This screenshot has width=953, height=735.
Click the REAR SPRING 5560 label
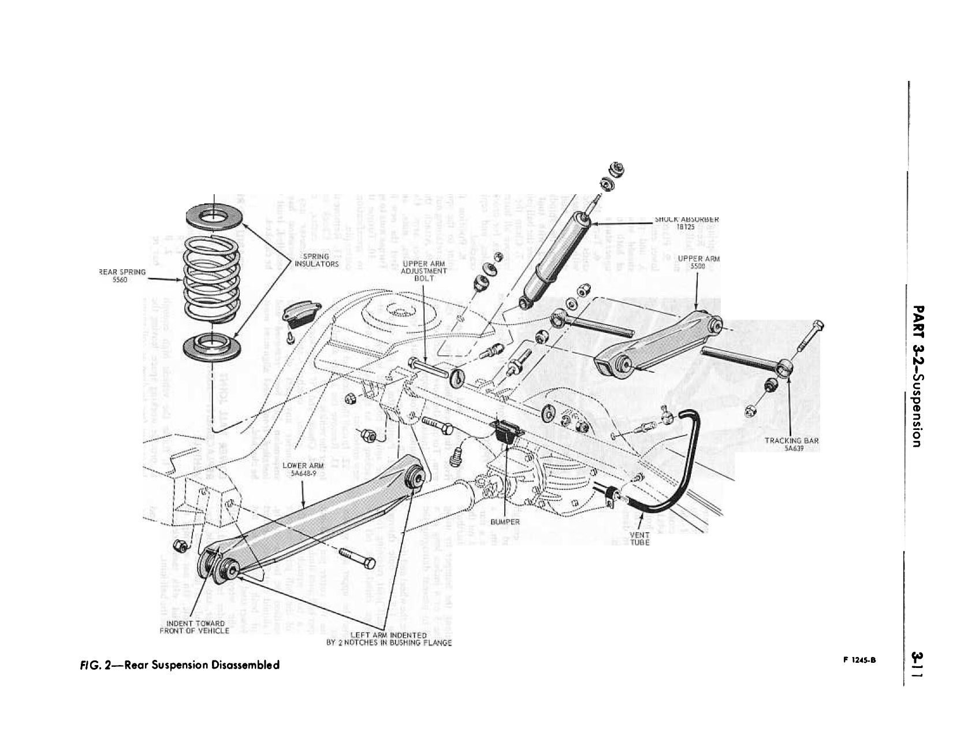pos(122,275)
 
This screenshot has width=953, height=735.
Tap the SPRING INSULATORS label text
pos(316,260)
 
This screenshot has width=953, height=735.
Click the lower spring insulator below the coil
pos(211,347)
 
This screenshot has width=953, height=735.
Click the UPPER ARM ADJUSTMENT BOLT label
pos(424,271)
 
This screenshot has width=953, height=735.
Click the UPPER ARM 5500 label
pos(698,263)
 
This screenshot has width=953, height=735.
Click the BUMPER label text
pos(505,522)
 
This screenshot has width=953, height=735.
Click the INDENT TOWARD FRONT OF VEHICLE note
pos(194,627)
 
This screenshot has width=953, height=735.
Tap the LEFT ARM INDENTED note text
pos(388,639)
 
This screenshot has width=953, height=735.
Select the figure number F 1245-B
pos(859,662)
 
